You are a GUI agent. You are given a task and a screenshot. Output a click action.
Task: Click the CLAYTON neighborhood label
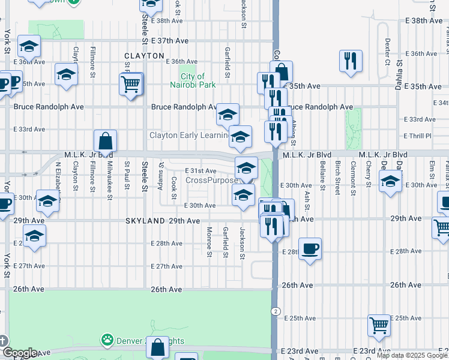(x=144, y=56)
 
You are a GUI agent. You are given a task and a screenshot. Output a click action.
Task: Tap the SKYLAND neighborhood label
(x=146, y=221)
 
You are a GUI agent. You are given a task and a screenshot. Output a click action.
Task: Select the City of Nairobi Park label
(x=197, y=80)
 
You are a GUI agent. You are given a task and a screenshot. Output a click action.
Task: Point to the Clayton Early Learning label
(x=188, y=136)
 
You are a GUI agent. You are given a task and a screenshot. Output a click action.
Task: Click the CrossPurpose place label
(x=212, y=181)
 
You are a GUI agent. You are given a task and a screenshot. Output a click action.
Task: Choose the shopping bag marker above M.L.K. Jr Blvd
(x=105, y=142)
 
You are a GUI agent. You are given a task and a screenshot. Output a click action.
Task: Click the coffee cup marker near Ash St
(x=310, y=248)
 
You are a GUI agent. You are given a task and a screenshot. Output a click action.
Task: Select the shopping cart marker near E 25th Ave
(x=379, y=325)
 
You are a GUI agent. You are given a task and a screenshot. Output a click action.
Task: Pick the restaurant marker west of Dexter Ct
(x=351, y=61)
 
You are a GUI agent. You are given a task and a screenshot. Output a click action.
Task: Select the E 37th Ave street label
(x=170, y=41)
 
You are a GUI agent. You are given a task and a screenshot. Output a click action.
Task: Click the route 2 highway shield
(x=274, y=310)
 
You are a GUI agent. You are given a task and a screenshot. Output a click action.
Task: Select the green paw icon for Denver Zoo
(x=108, y=340)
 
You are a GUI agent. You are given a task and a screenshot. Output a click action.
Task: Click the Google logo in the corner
(x=20, y=353)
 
